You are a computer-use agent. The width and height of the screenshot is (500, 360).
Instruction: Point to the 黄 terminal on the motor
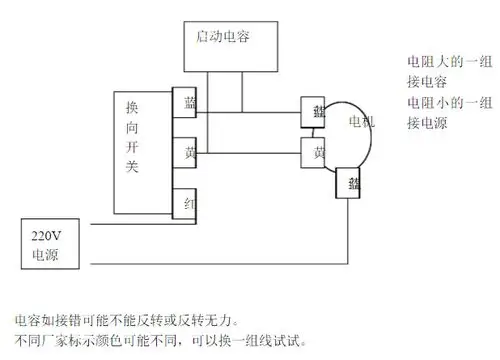click(x=317, y=153)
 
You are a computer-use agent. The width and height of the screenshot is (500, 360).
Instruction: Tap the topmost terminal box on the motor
click(x=317, y=110)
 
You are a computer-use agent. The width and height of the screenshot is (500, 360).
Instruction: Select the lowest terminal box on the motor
click(x=353, y=183)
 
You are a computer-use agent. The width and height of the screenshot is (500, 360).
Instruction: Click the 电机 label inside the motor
click(x=356, y=123)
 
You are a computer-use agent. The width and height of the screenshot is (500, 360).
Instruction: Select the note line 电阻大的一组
click(x=440, y=63)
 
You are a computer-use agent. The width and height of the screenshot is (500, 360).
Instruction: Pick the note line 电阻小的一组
click(x=440, y=103)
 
